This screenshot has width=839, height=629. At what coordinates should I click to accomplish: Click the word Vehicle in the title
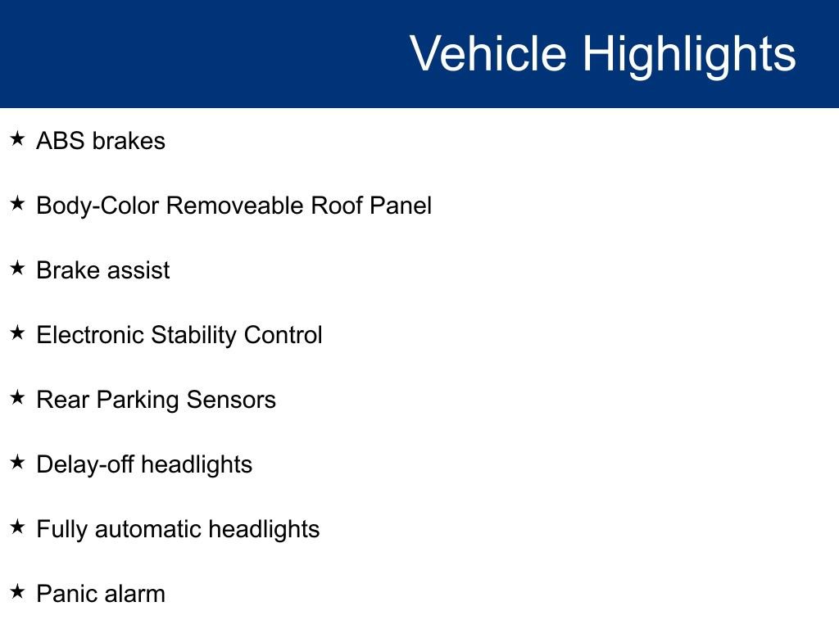tap(488, 53)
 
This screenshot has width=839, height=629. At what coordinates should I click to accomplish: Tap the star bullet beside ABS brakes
tap(18, 139)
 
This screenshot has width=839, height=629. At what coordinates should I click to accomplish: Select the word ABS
tap(61, 141)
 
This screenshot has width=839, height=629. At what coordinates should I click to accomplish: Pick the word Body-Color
tap(98, 206)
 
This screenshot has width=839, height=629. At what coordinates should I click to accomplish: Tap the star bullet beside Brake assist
tap(18, 268)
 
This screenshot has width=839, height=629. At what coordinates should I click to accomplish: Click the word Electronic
tap(90, 335)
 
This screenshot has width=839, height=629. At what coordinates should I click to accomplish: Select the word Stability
tap(193, 336)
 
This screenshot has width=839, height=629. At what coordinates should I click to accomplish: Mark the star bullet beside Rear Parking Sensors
tap(18, 397)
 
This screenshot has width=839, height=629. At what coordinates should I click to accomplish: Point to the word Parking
tap(138, 400)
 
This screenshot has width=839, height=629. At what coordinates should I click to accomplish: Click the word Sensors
tap(231, 400)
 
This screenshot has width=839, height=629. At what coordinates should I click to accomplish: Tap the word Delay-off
tap(85, 465)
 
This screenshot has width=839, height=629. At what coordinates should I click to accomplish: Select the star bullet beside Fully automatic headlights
tap(18, 527)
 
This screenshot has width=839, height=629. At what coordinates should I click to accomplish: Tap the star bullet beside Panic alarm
tap(18, 591)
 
